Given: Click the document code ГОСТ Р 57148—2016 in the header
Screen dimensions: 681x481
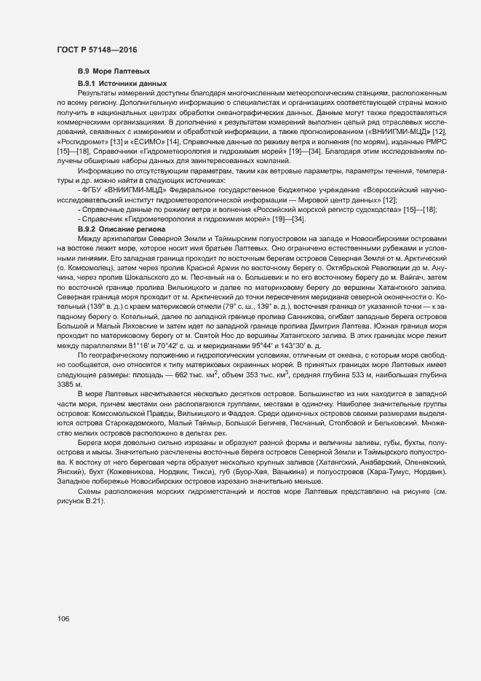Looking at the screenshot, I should pos(96,50).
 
